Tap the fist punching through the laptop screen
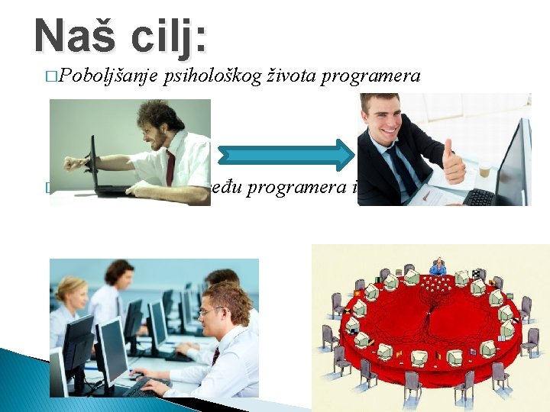pyautogui.click(x=73, y=163)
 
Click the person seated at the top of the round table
pyautogui.click(x=438, y=267)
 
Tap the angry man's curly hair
pyautogui.click(x=160, y=115)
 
